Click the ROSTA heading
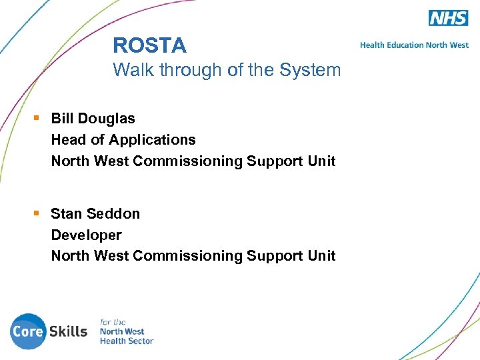coord(149,45)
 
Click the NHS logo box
coord(448,18)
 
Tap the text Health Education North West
coord(414,45)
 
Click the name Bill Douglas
coord(93,119)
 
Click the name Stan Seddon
coord(95,214)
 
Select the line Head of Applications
coord(123,140)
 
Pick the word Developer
coord(86,235)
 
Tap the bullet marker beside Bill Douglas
coord(37,118)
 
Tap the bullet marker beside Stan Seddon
coord(37,213)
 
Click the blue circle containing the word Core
coord(28,331)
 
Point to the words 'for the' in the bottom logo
coord(113,322)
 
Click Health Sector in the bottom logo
coord(126,341)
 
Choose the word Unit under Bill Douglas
coord(321,161)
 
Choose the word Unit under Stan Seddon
coord(321,256)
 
